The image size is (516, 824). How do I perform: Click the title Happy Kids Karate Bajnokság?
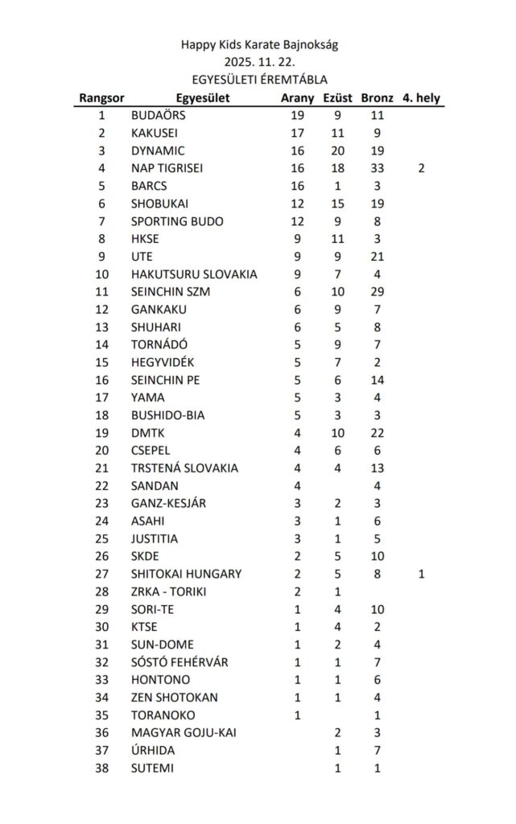point(258,45)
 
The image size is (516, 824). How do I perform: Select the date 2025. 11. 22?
point(258,62)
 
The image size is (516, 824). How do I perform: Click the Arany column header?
point(297,98)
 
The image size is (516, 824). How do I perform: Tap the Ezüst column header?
point(337,98)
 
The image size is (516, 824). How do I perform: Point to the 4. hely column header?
point(421,98)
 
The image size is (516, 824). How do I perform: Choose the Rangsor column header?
point(101,98)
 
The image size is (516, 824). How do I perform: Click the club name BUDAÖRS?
point(158,116)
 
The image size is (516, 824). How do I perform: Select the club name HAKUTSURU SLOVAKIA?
point(194,274)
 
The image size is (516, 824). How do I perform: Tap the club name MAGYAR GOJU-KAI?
point(184,733)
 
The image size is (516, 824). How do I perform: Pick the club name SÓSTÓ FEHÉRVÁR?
point(180,662)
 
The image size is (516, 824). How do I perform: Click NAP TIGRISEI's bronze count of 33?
point(378,169)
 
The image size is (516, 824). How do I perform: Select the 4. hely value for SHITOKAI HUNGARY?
point(421,575)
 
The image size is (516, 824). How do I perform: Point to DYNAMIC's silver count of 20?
point(337,151)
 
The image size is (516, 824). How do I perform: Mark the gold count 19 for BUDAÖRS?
point(297,116)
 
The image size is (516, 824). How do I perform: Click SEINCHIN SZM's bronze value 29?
point(378,292)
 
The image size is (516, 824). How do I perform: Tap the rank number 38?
point(101,768)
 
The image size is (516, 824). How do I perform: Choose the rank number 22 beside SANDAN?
point(101,486)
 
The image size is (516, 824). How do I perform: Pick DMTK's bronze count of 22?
point(378,433)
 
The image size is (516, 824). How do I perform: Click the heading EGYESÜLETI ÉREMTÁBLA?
point(258,80)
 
